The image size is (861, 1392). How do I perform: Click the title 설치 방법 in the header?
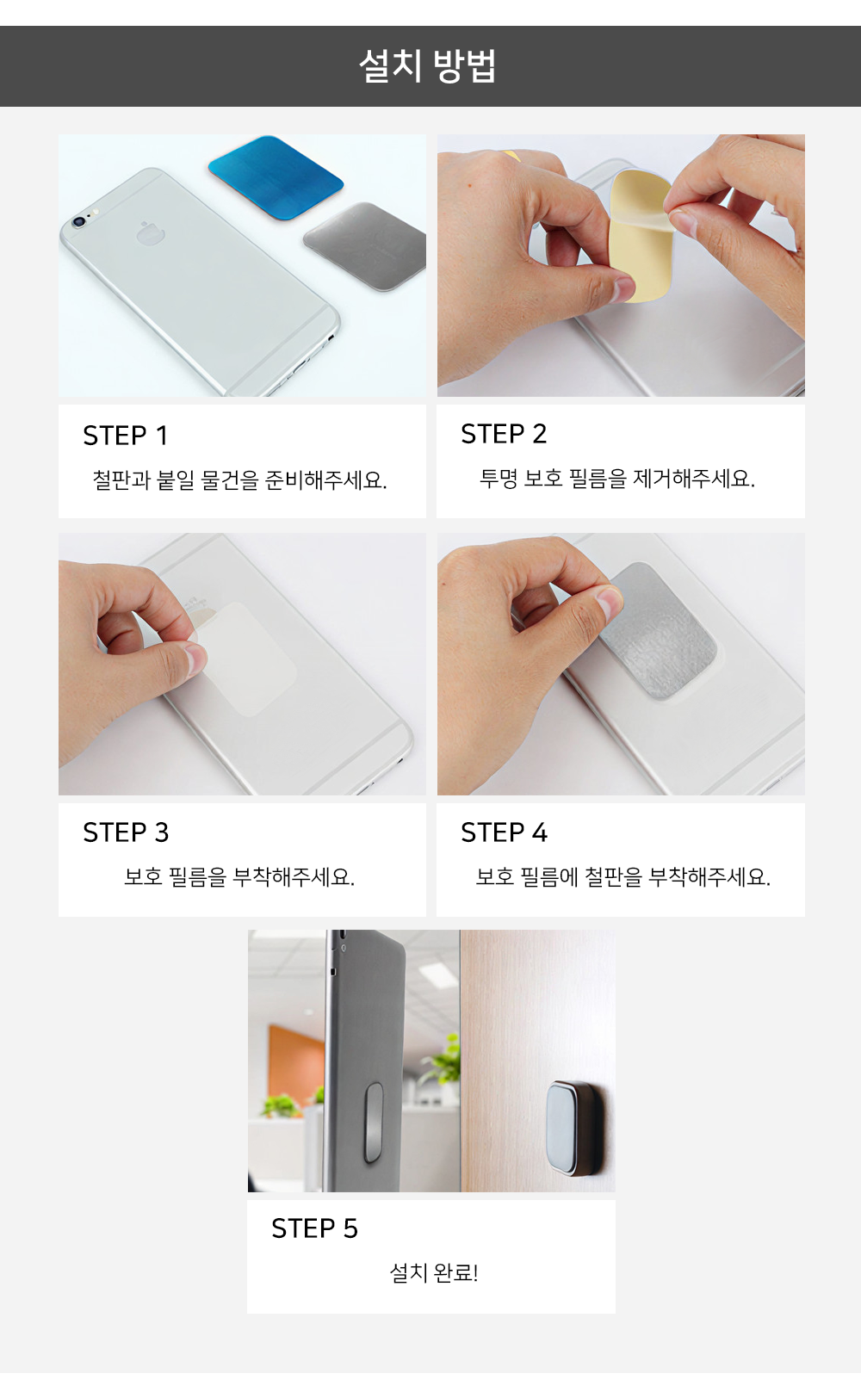pyautogui.click(x=428, y=66)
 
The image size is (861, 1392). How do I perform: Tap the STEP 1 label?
pyautogui.click(x=125, y=436)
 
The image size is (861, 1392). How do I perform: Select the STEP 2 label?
pyautogui.click(x=504, y=434)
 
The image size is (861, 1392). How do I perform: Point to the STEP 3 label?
pyautogui.click(x=126, y=832)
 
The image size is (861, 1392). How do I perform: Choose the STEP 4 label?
pyautogui.click(x=505, y=832)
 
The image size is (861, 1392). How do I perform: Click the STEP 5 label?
pyautogui.click(x=314, y=1228)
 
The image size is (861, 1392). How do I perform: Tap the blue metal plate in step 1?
pyautogui.click(x=276, y=177)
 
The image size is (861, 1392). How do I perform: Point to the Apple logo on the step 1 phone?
pyautogui.click(x=151, y=233)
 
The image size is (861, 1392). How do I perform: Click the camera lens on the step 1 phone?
pyautogui.click(x=78, y=220)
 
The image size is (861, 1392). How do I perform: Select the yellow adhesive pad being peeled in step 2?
pyautogui.click(x=641, y=237)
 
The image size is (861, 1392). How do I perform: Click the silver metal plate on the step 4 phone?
pyautogui.click(x=659, y=631)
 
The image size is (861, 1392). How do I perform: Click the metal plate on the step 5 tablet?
pyautogui.click(x=373, y=1122)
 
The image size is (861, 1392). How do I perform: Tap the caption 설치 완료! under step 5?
pyautogui.click(x=433, y=1273)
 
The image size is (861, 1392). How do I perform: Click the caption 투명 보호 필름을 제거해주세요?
pyautogui.click(x=617, y=479)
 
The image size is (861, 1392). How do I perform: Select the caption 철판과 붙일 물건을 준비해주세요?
pyautogui.click(x=240, y=480)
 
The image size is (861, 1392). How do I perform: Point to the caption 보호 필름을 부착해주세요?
pyautogui.click(x=239, y=877)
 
